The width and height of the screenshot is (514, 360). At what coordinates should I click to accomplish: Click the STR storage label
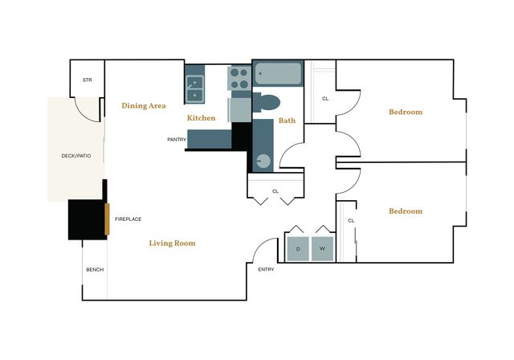click(x=88, y=80)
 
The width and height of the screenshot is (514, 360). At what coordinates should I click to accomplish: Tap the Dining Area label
click(x=144, y=105)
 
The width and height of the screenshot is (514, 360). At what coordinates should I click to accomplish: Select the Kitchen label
click(x=202, y=118)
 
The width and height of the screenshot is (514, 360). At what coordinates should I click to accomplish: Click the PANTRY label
click(x=177, y=140)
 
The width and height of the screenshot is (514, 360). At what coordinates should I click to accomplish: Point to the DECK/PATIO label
click(x=76, y=156)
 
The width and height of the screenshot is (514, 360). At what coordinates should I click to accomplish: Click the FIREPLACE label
click(x=128, y=219)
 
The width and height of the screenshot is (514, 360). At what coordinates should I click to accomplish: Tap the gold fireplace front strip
click(x=107, y=219)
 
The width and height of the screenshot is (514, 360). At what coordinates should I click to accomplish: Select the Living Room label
click(x=172, y=243)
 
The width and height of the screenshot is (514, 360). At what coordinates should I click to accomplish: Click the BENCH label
click(x=95, y=269)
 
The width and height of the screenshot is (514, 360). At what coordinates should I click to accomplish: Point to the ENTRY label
click(x=266, y=269)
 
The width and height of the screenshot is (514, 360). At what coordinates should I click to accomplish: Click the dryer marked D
click(x=298, y=249)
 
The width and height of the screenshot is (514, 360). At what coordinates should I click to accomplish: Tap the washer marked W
click(x=322, y=249)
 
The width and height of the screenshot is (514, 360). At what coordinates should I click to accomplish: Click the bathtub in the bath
click(x=278, y=73)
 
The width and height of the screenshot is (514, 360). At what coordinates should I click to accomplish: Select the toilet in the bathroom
click(x=266, y=103)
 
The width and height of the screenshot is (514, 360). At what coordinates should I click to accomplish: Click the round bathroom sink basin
click(x=263, y=161)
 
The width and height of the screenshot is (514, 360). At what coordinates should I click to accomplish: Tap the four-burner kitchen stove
click(x=239, y=78)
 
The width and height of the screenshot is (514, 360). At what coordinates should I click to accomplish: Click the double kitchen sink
click(x=195, y=88)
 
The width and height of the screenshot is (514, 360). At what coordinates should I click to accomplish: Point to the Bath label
click(x=288, y=121)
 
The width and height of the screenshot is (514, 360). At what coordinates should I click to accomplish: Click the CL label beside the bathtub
click(x=325, y=99)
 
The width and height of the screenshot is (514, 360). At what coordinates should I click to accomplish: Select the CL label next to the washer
click(x=351, y=221)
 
